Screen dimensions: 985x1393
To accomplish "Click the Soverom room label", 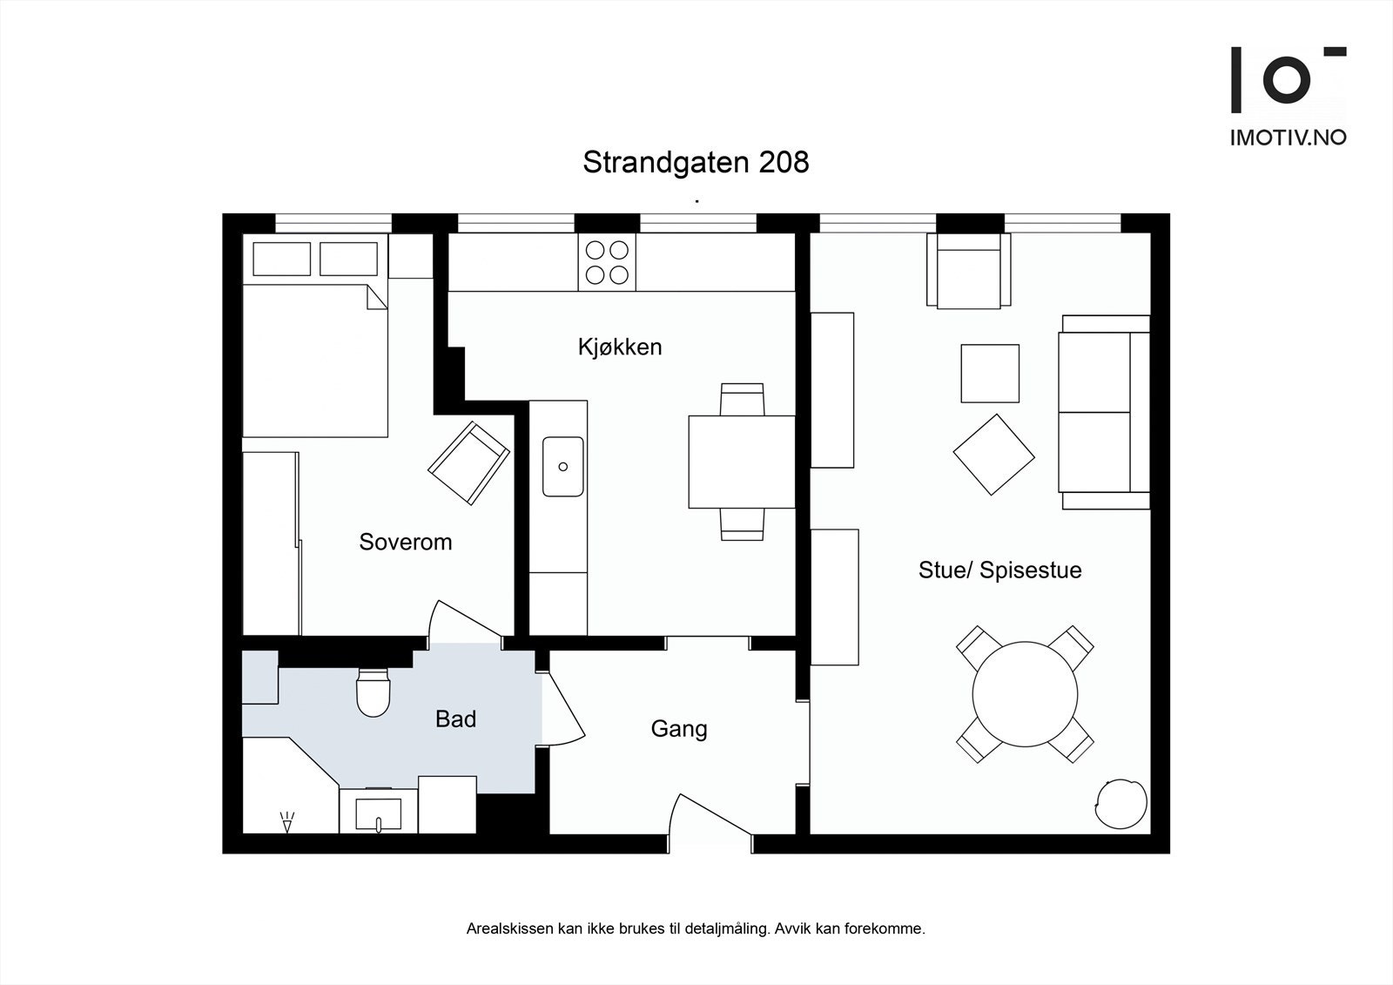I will coord(406,542).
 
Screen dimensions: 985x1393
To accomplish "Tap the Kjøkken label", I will coord(620,347).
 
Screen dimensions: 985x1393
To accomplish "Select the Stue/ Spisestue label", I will coord(999,570).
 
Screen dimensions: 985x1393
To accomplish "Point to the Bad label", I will coord(455,719).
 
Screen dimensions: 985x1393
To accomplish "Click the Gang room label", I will coord(679,728).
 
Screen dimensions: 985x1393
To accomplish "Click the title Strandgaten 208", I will coord(696,162).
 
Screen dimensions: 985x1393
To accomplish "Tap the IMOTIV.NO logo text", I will coord(1288,137).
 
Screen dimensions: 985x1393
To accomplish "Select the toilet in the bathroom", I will coord(373,693).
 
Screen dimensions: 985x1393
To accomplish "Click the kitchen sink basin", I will coord(562,467).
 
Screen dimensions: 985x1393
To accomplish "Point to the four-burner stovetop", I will coord(607,262).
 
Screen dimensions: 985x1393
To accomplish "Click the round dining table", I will coord(1025,694).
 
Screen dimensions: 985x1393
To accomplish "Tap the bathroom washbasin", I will coord(379,813).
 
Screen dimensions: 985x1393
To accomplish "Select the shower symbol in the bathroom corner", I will coord(286,820).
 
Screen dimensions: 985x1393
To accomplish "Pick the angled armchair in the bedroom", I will coord(468,462).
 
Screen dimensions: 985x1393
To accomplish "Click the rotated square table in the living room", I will coord(993,455).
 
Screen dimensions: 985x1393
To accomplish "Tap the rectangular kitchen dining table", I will coord(742,462).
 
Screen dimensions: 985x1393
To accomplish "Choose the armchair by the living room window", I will coord(968,272).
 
